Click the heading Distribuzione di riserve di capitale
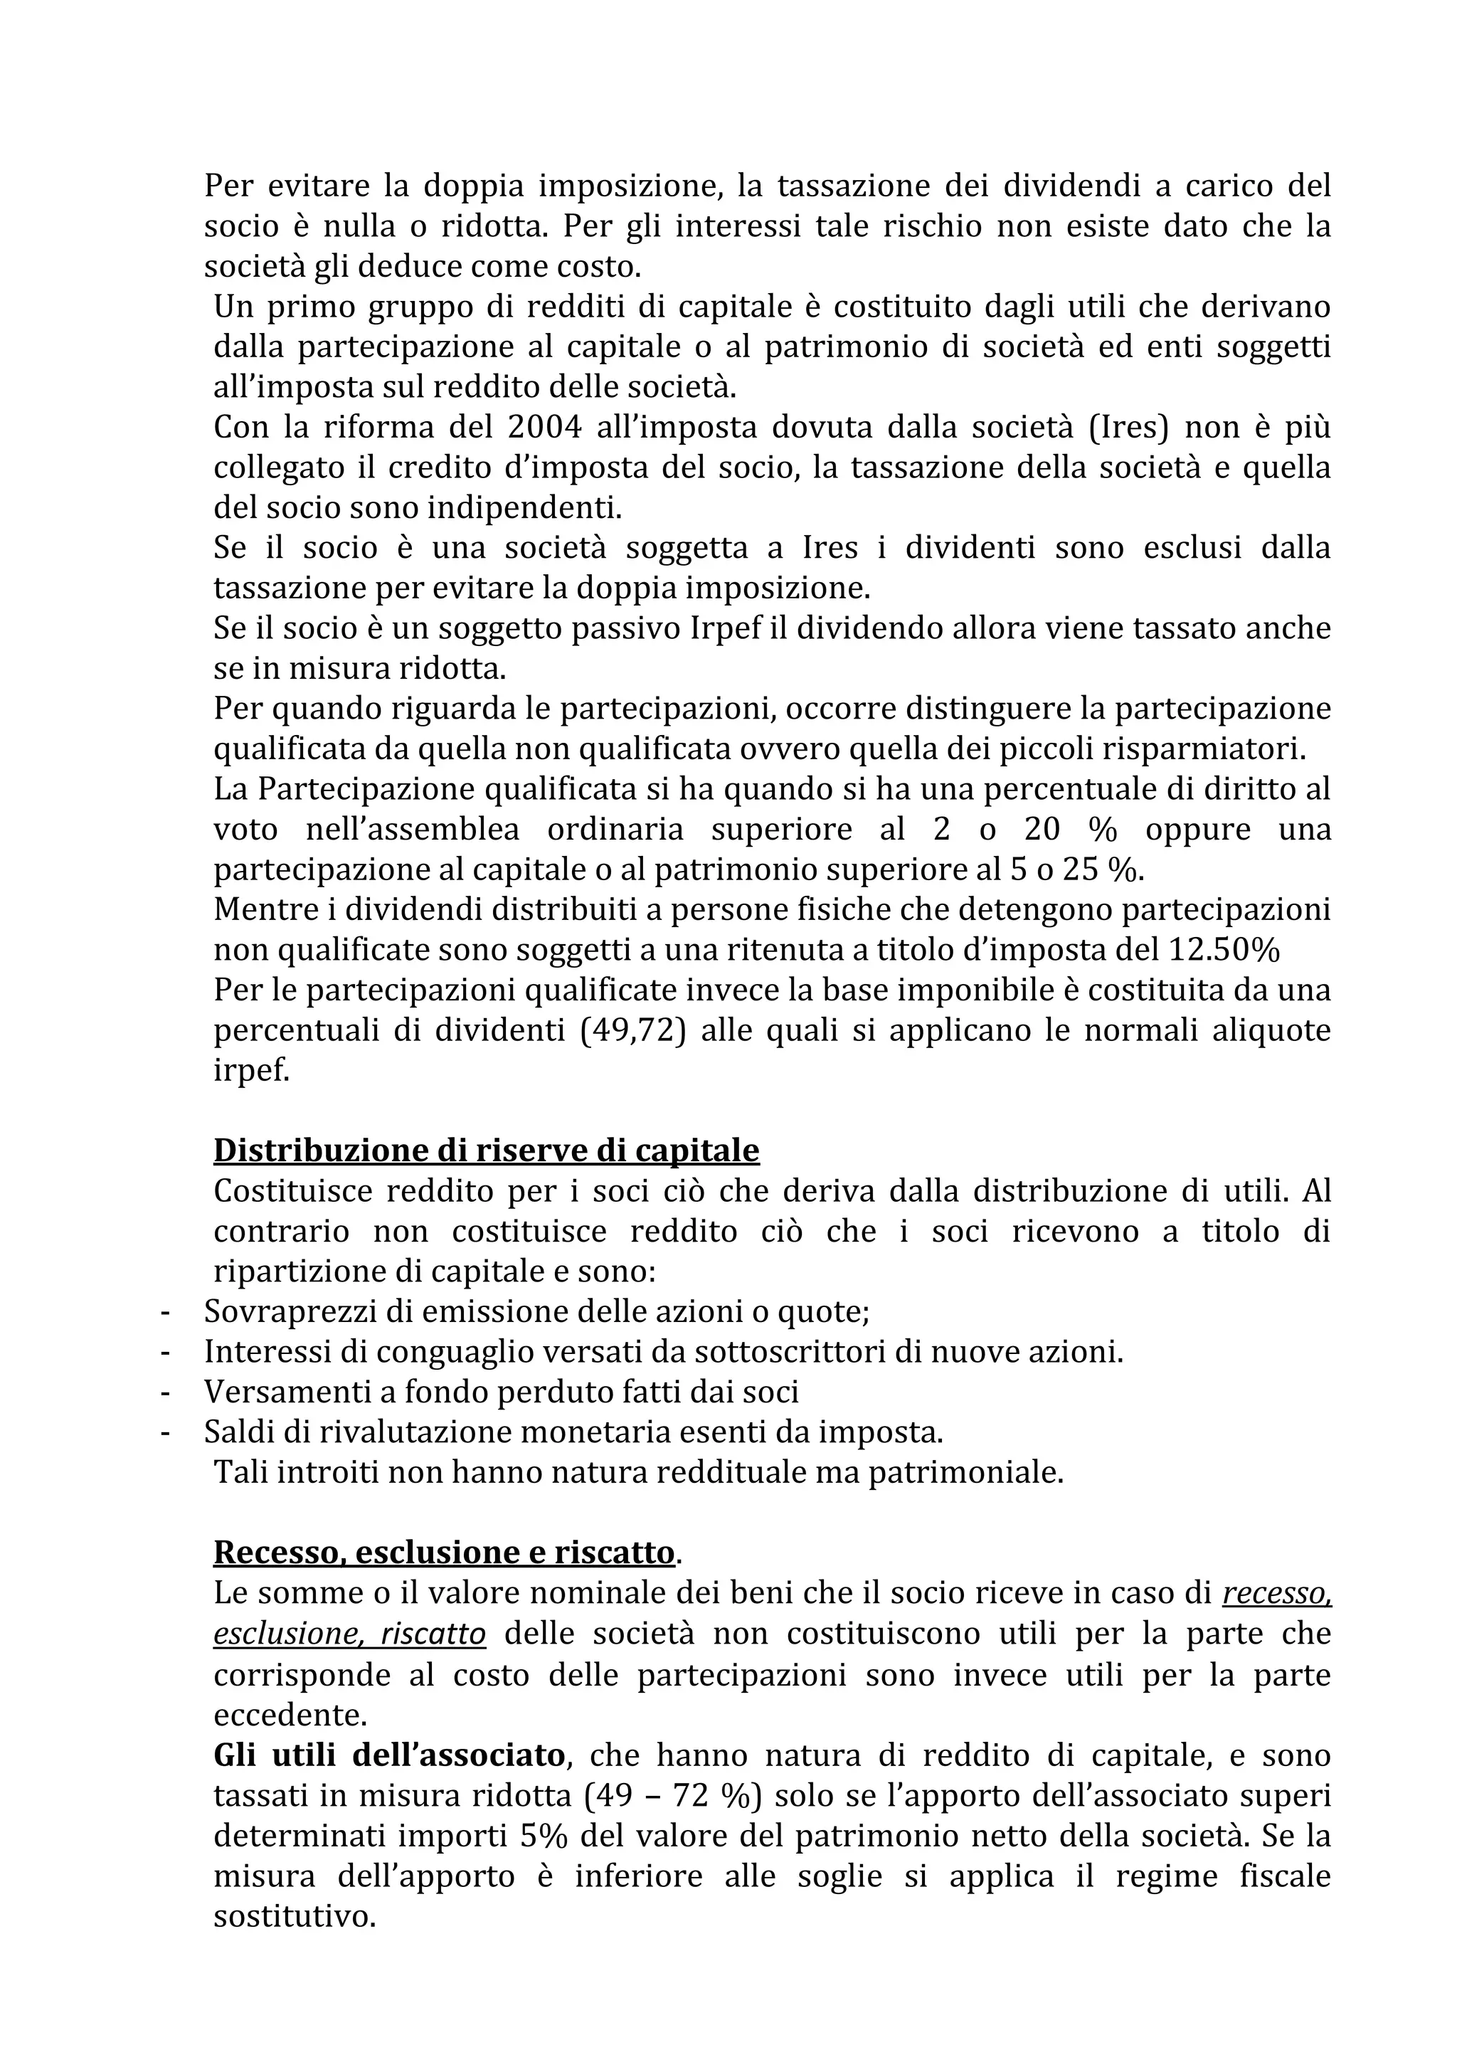coord(486,1151)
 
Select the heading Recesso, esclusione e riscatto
coord(443,1553)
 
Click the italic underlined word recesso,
coord(1276,1594)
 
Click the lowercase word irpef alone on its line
coord(251,1072)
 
